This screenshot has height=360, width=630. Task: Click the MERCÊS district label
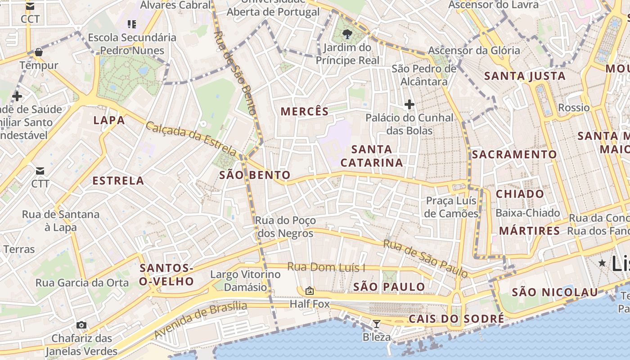tap(305, 112)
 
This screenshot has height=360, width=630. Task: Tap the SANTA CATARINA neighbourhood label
tap(372, 156)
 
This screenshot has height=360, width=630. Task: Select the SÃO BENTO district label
tap(255, 175)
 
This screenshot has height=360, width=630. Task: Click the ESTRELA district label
tap(118, 181)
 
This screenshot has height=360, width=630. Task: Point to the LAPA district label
tap(109, 120)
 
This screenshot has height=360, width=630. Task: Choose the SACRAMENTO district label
tap(514, 154)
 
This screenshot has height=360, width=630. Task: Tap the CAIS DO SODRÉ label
tap(456, 319)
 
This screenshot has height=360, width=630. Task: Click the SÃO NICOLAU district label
tap(555, 292)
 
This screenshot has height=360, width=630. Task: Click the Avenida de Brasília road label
tap(201, 320)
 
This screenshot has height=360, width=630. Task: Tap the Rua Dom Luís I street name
tap(326, 267)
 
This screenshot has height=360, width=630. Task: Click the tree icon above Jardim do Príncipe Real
tap(347, 34)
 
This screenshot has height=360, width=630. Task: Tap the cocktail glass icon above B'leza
tap(377, 324)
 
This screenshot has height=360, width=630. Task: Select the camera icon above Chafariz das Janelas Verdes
tap(81, 325)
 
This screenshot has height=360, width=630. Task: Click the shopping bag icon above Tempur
tap(39, 52)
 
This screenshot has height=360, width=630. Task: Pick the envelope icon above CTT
tap(40, 171)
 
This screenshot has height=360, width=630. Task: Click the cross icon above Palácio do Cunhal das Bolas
tap(409, 104)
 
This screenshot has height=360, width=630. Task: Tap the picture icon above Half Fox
tap(309, 291)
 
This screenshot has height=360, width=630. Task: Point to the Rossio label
tap(574, 108)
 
